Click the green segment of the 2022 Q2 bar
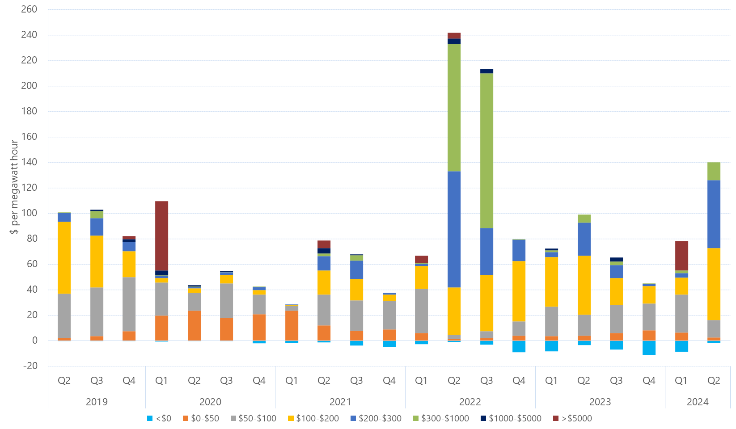[454, 107]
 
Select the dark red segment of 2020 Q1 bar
[161, 236]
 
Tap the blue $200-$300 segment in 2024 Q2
[714, 214]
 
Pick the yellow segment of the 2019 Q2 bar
[64, 257]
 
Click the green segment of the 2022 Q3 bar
[486, 151]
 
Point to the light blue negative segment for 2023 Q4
[649, 348]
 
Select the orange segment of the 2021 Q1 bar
[292, 325]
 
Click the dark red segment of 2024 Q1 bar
[681, 256]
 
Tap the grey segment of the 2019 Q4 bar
[129, 304]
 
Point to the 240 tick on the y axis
[29, 35]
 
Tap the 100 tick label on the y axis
[29, 213]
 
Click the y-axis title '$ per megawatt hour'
[14, 187]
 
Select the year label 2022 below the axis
[470, 402]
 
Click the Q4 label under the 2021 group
[389, 381]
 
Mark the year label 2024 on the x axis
[698, 402]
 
